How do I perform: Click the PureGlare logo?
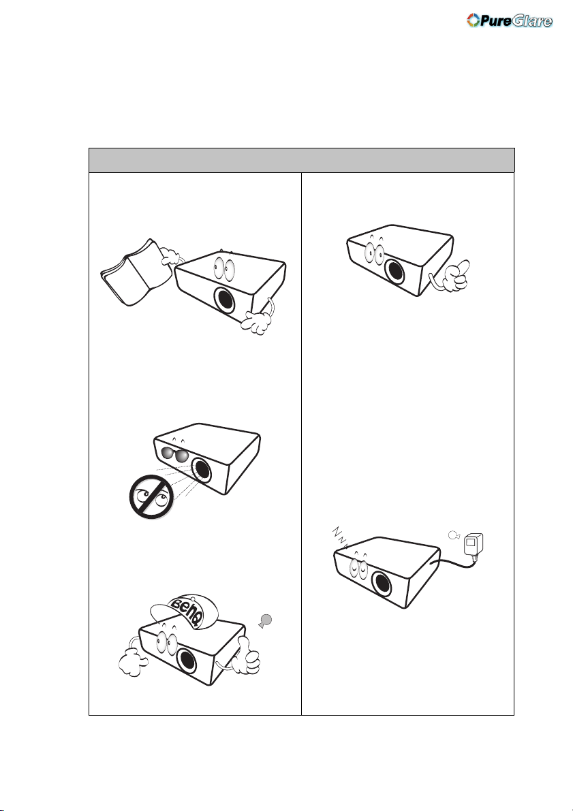coord(510,20)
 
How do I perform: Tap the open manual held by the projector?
coord(136,272)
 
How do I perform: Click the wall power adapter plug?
coord(474,545)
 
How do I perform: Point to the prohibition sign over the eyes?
coord(151,496)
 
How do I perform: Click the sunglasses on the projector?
coord(174,454)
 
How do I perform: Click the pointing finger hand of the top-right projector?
coord(454,275)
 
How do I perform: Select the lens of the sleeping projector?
coord(382,584)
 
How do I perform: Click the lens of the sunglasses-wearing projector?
coord(202,468)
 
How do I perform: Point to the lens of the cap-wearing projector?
coord(186,661)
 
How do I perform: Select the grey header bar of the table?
coord(302,160)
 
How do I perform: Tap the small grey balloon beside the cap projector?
coord(266,620)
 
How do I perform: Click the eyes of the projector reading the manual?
coord(223,268)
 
